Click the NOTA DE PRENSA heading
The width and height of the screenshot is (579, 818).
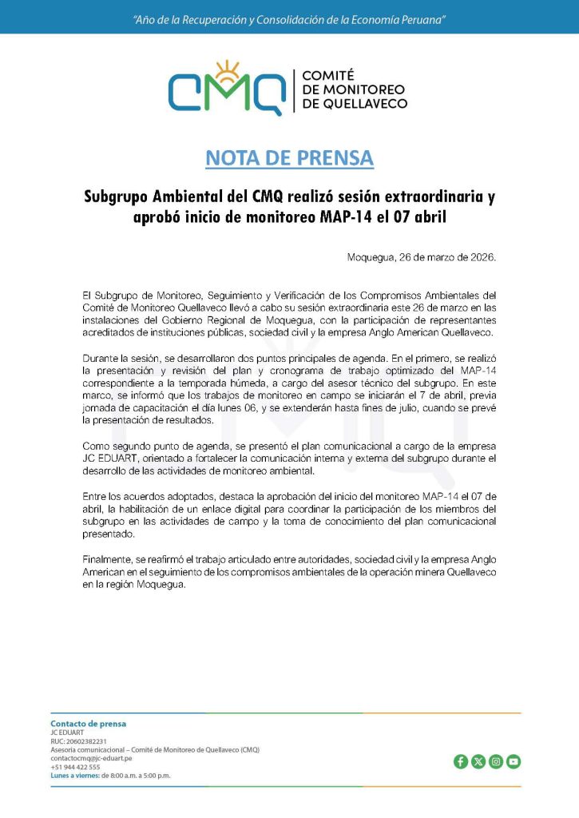click(289, 158)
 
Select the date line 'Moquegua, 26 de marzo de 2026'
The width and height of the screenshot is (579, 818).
click(422, 257)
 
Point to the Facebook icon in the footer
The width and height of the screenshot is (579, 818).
click(461, 761)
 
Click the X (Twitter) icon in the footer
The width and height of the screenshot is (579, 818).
click(478, 761)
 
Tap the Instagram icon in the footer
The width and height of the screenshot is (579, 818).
click(496, 761)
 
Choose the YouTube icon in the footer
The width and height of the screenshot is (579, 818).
click(514, 761)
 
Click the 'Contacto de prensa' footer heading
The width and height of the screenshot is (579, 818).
click(88, 724)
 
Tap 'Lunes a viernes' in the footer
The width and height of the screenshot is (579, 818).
click(74, 775)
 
